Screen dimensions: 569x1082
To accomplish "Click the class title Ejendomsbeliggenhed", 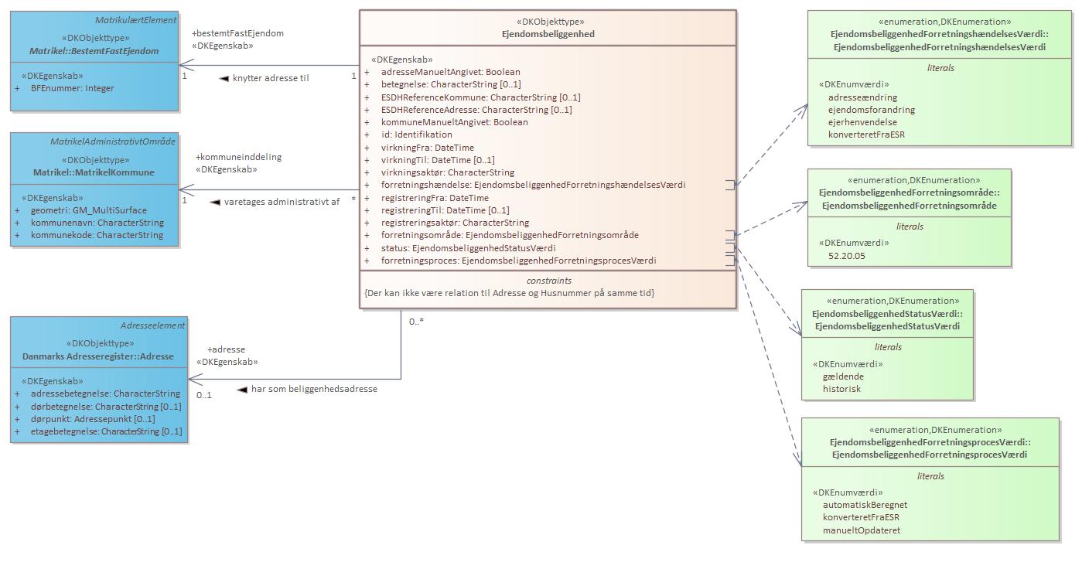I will [x=548, y=34].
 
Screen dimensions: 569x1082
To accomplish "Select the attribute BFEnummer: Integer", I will [x=72, y=88].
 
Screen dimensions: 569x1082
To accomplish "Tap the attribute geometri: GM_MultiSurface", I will [x=88, y=210].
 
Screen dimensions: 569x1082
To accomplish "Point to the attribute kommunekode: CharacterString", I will [x=97, y=235].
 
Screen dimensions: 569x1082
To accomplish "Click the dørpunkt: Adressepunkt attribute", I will [x=93, y=419].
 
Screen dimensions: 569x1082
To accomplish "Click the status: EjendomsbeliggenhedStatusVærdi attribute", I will [x=468, y=248].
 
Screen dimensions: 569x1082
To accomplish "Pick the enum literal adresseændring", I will [x=862, y=97].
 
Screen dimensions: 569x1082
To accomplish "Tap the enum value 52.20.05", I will [x=848, y=255].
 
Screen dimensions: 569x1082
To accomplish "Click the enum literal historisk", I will [x=841, y=389].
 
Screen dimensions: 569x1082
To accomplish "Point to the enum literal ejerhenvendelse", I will [x=862, y=122].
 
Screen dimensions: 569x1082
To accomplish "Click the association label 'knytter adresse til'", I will [x=270, y=78].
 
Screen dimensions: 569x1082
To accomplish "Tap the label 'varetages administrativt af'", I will [x=282, y=202].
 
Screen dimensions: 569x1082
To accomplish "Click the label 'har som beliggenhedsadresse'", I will [x=314, y=389].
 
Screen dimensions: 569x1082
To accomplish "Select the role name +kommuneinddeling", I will [x=238, y=157].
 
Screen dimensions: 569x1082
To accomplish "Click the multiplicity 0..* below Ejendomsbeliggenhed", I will [x=416, y=322].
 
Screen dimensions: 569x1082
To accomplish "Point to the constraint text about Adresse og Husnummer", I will [x=509, y=293].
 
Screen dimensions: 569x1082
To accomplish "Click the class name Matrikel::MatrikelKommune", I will [x=94, y=172].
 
